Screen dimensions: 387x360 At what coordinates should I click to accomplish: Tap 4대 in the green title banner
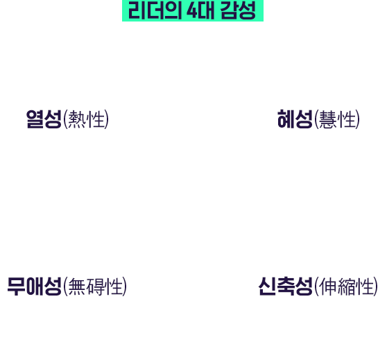pos(200,10)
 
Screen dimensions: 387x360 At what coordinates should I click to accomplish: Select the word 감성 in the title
pos(238,10)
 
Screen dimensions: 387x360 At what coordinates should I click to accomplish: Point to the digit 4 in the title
pos(192,10)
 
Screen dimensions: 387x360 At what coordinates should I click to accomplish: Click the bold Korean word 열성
pos(44,119)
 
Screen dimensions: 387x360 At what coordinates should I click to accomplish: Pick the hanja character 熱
pos(76,119)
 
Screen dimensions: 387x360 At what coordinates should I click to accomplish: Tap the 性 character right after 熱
pos(96,119)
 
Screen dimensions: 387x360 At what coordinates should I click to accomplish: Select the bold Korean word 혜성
pos(295,119)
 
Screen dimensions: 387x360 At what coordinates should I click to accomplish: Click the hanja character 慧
pos(328,119)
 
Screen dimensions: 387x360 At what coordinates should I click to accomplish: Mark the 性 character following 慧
pos(347,119)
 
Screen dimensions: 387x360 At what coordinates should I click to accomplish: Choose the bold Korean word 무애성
pos(34,286)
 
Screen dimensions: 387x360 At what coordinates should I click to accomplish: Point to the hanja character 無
pos(76,286)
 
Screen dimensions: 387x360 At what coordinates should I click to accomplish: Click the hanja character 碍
pos(96,286)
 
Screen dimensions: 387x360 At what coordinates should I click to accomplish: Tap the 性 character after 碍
pos(114,286)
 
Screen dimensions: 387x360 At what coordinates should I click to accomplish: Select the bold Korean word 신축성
pos(286,286)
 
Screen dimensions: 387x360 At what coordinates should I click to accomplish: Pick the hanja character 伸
pos(328,286)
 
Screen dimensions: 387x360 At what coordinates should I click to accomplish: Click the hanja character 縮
pos(347,286)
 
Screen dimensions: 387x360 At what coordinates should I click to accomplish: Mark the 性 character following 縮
pos(365,286)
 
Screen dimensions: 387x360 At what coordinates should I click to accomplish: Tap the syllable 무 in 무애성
pos(16,286)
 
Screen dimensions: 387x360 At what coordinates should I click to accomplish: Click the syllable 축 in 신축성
pos(286,286)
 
